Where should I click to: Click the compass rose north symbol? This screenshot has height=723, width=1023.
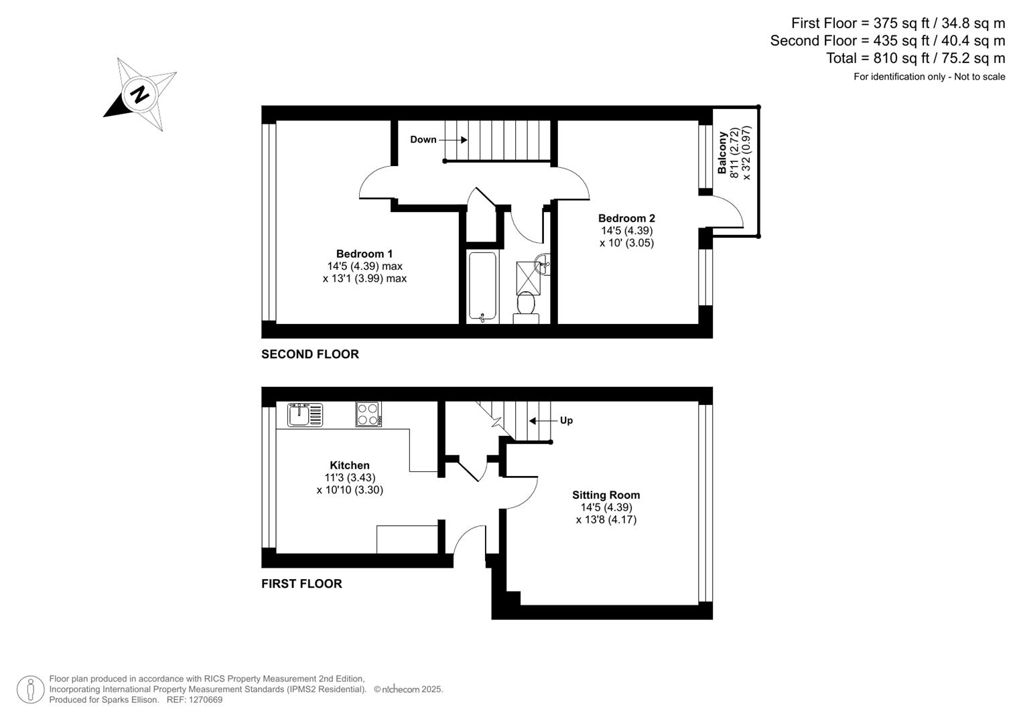[140, 94]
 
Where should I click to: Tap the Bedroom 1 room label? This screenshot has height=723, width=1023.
[364, 254]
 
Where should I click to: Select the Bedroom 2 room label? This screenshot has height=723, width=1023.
[626, 218]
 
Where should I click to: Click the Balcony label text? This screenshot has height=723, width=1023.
[723, 153]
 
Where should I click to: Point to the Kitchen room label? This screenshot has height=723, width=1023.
[350, 465]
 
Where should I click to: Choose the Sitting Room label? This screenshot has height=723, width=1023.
[606, 495]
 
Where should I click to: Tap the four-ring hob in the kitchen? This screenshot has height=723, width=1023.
[368, 414]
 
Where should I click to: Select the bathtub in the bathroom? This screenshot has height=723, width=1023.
[482, 287]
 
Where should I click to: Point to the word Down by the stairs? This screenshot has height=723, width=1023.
[423, 139]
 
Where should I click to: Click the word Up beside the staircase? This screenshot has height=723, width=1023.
[566, 420]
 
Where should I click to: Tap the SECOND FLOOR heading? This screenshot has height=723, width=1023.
[310, 354]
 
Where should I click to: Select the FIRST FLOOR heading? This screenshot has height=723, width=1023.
[301, 584]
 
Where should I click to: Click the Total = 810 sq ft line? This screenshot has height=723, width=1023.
[915, 58]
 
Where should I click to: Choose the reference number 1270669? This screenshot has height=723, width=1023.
[204, 700]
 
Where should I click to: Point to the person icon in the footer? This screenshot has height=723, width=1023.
[31, 690]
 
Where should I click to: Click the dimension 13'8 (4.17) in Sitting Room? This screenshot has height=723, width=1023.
[606, 519]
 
